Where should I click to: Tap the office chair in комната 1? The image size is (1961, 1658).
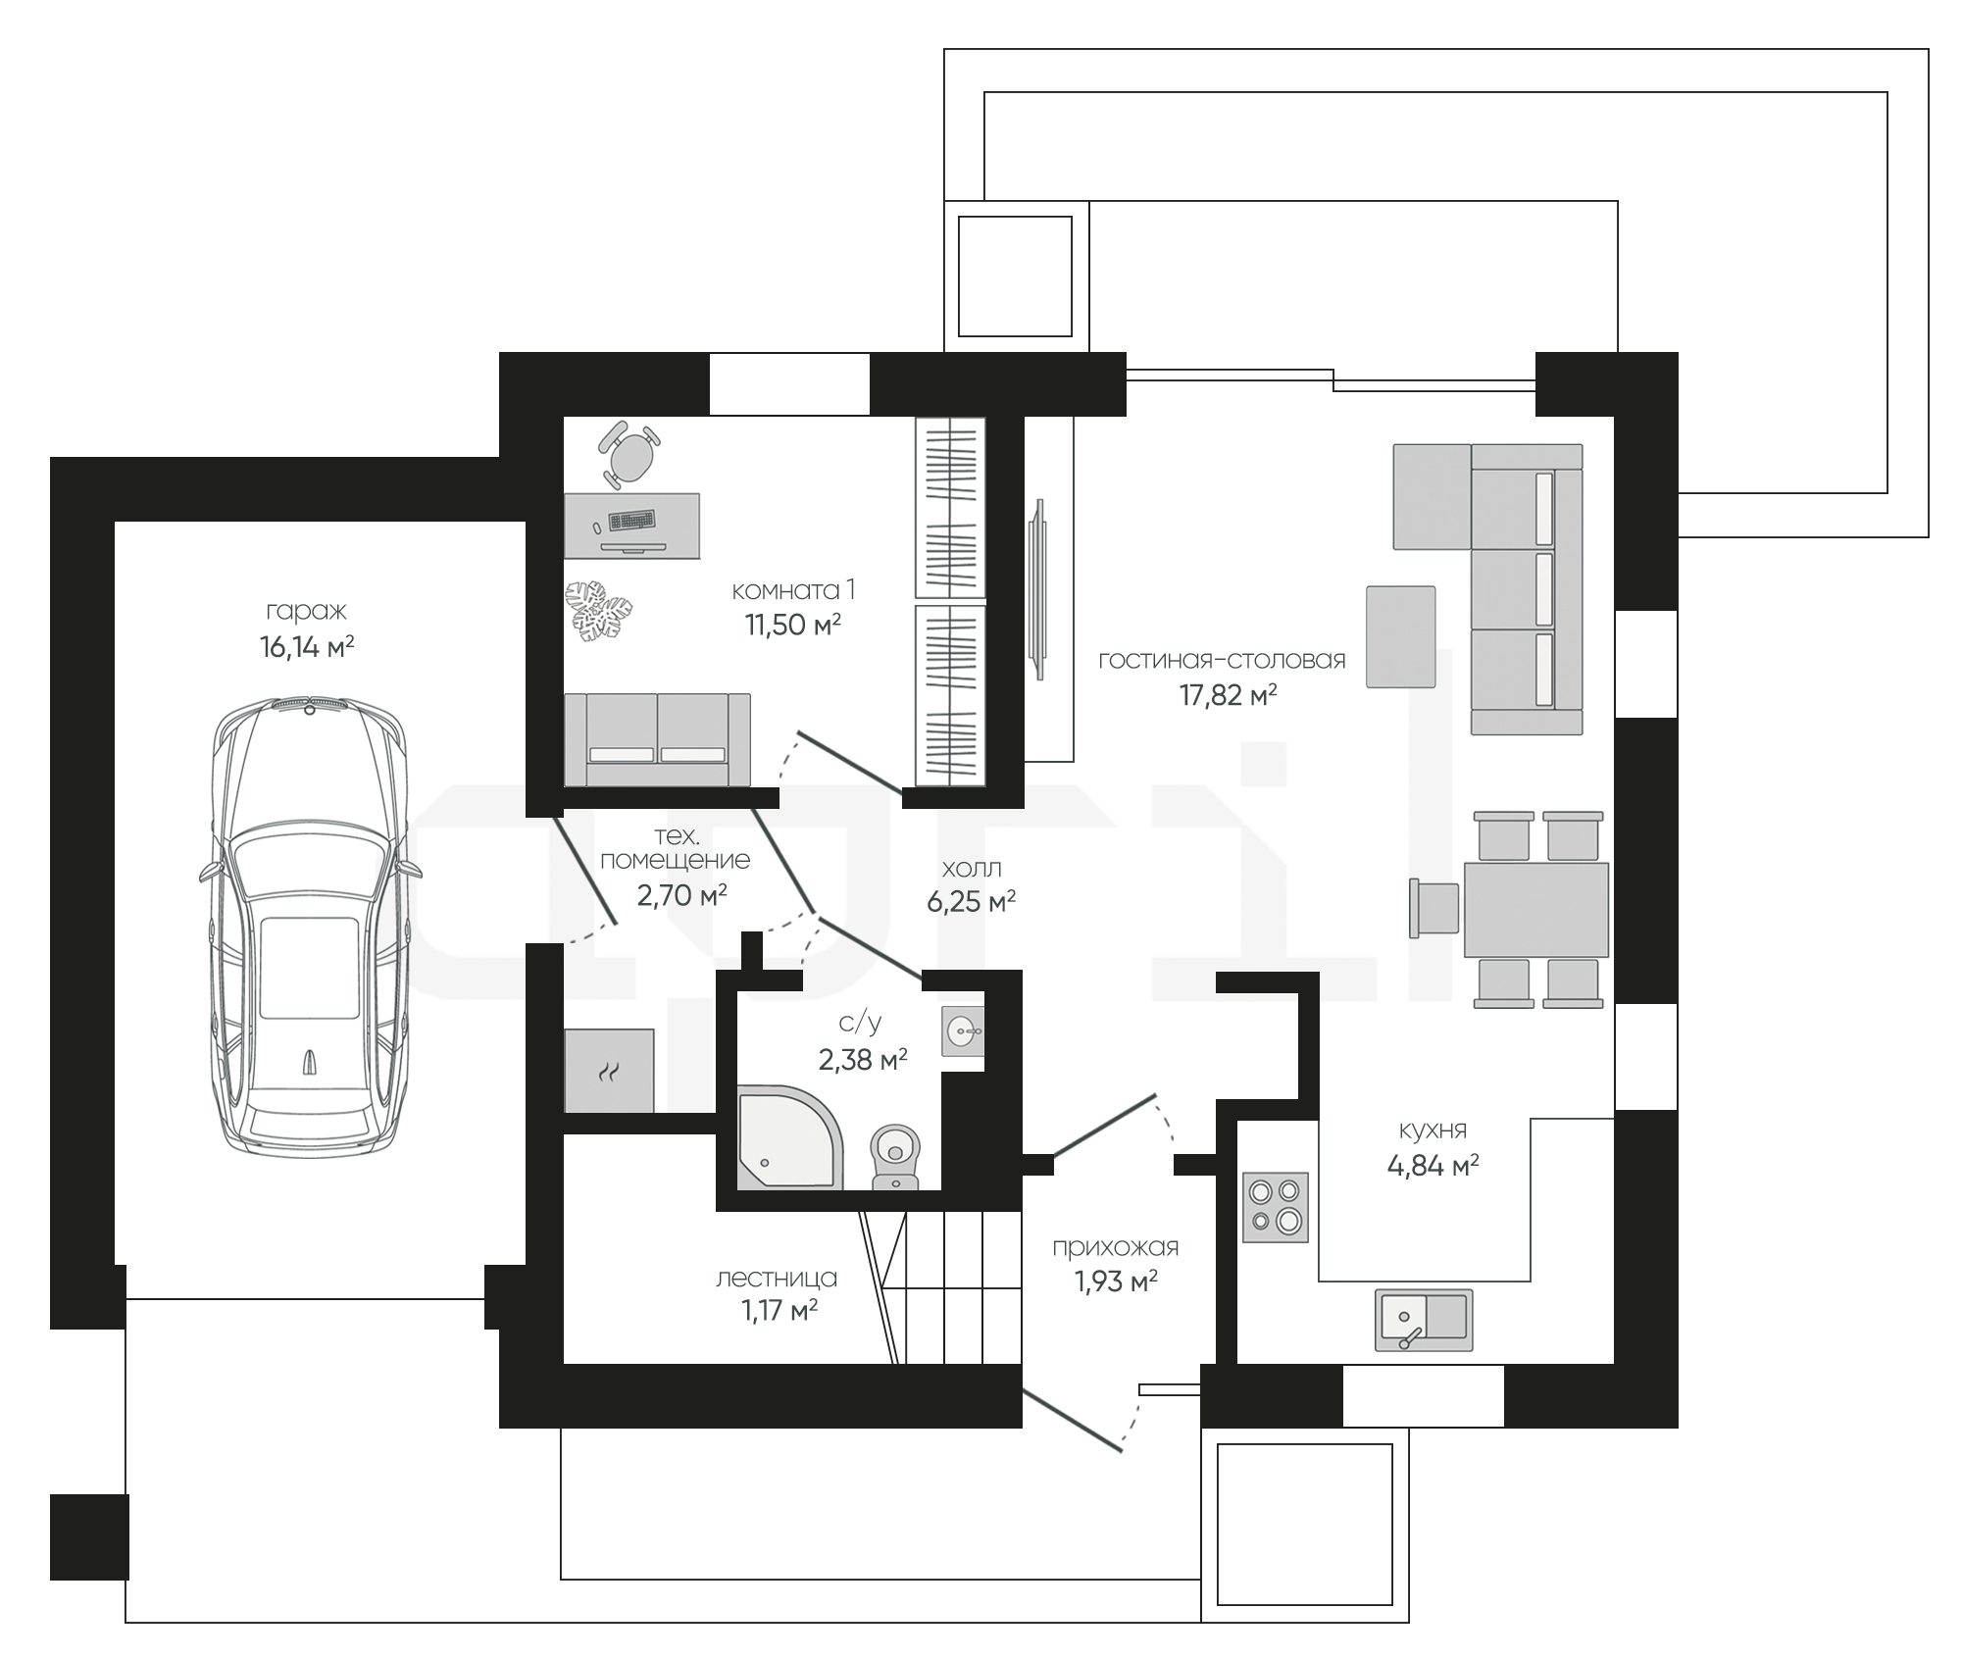click(x=629, y=454)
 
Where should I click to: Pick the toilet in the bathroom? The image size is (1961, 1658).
click(x=895, y=1156)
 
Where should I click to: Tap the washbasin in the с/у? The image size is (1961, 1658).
click(x=963, y=1030)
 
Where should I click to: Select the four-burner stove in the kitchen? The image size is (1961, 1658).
click(x=1275, y=1207)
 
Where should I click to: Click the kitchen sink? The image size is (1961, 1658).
click(x=1424, y=1319)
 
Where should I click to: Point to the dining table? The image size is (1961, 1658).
click(x=1535, y=909)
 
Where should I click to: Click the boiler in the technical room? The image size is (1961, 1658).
click(x=609, y=1071)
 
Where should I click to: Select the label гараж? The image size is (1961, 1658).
click(x=306, y=611)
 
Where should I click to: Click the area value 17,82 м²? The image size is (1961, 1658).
click(x=1228, y=695)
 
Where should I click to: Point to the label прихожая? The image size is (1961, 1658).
click(x=1115, y=1247)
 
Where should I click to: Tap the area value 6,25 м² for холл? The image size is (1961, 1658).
click(x=971, y=901)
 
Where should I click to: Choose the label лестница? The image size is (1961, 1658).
click(x=777, y=1279)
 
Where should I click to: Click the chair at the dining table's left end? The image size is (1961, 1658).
click(x=1433, y=909)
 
